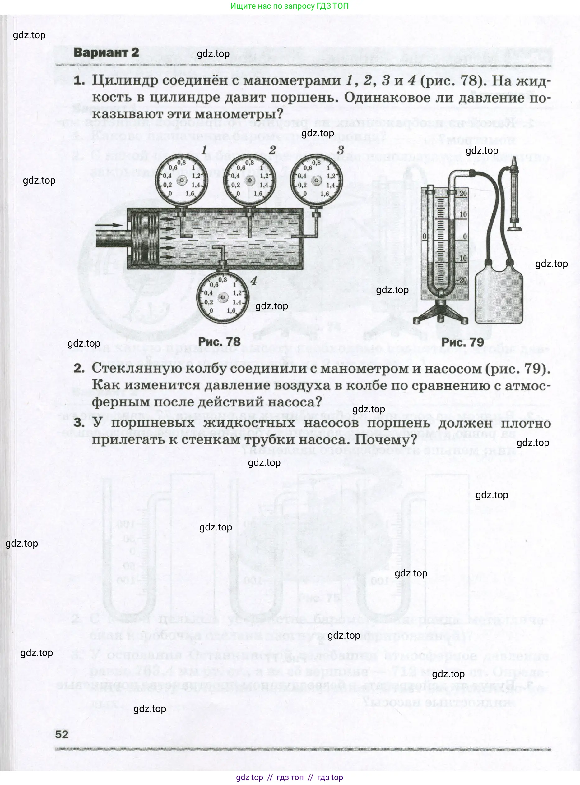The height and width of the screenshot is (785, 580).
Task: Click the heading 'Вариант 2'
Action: [x=106, y=53]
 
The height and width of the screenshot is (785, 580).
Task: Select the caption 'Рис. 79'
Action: [x=462, y=342]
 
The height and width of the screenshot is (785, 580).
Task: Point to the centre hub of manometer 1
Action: [x=182, y=180]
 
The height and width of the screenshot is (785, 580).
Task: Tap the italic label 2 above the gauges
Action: [x=272, y=150]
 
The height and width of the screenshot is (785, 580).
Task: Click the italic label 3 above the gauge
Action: [x=341, y=150]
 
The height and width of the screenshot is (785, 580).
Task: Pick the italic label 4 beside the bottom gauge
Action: [x=253, y=281]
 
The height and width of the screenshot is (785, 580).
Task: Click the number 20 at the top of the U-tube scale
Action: [x=463, y=193]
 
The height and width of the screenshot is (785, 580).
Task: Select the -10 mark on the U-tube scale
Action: [x=462, y=258]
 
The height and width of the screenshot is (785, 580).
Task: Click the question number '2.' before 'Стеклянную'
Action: [x=79, y=368]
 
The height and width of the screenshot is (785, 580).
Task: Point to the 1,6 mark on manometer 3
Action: [x=325, y=194]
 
